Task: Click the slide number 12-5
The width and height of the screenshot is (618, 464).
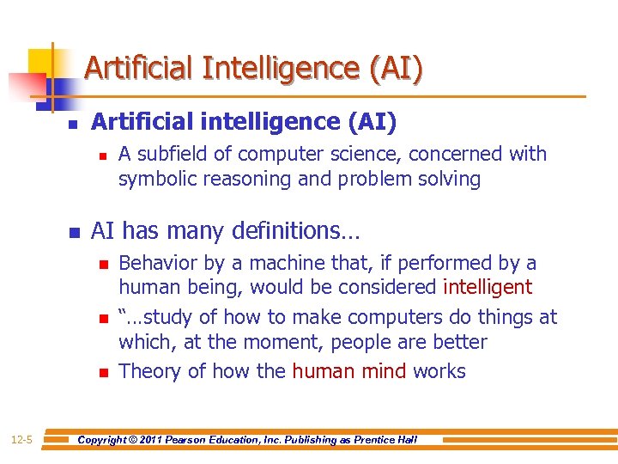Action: (22, 440)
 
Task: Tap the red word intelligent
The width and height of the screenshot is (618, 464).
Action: (487, 287)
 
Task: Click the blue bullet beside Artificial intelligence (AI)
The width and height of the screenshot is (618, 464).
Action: (73, 125)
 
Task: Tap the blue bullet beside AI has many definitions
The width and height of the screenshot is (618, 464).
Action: (73, 233)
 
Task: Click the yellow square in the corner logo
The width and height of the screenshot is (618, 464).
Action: (41, 61)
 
